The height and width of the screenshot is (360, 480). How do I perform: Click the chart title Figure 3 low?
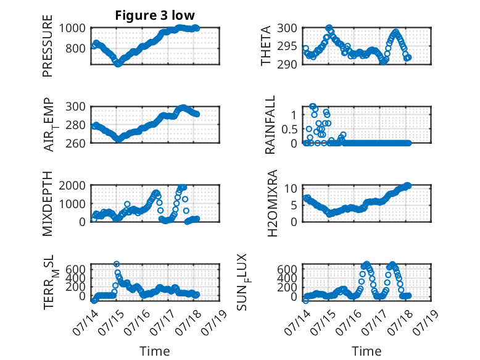(155, 15)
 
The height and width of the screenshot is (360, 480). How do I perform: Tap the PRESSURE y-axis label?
(48, 46)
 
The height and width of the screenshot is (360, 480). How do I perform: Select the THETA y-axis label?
(266, 46)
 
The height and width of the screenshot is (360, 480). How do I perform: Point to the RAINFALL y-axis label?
(270, 125)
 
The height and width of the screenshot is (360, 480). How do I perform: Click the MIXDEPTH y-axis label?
(48, 204)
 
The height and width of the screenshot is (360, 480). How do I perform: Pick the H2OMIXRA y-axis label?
(272, 203)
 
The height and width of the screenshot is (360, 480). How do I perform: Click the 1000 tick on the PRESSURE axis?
(72, 28)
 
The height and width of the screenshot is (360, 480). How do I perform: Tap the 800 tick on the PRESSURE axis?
(75, 48)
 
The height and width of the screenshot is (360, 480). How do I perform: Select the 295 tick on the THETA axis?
(287, 46)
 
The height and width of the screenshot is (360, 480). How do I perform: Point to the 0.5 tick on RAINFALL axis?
(289, 129)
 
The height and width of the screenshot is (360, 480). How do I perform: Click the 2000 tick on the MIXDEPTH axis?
(72, 186)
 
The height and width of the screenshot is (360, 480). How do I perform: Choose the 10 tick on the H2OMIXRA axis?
(291, 188)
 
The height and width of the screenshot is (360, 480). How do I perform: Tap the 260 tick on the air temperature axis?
(75, 143)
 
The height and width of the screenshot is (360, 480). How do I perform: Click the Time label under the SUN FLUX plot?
(366, 351)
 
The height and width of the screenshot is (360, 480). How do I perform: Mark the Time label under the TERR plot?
(155, 351)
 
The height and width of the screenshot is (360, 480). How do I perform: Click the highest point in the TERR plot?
(117, 264)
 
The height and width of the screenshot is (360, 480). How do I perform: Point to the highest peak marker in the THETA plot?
(329, 28)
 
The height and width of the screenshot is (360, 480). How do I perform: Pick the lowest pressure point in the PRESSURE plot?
(118, 64)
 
